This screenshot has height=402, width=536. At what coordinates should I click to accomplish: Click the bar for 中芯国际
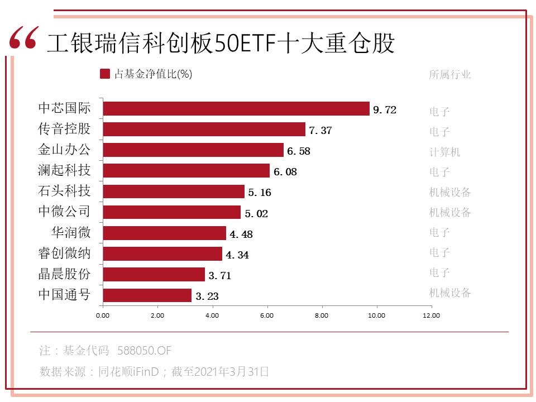point(236,109)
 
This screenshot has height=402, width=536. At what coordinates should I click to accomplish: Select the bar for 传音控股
point(204,130)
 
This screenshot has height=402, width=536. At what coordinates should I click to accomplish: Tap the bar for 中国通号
point(147,295)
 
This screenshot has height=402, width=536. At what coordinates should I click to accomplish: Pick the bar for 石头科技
point(174,192)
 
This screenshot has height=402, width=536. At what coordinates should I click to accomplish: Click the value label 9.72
point(384,110)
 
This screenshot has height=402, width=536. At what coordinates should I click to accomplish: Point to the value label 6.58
point(298,151)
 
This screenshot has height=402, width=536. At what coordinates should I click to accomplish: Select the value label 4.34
point(237,255)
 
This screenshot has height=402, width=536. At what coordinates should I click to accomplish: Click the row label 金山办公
point(64,150)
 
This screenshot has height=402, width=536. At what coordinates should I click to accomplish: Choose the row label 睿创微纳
point(64,253)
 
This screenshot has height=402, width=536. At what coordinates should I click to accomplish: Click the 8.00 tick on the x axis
point(322,315)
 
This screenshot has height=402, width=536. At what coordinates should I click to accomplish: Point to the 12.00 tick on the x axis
point(431,315)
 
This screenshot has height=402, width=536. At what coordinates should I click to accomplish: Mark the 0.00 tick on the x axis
point(103,315)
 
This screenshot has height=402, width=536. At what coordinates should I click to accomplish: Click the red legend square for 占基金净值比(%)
point(104,74)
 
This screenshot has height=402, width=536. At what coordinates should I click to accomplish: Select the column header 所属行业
point(450,74)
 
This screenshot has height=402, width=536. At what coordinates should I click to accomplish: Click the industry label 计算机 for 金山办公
point(444,152)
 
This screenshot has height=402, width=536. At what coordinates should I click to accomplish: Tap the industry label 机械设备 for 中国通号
point(450,293)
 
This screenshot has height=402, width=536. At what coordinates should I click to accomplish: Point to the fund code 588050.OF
point(144,351)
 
